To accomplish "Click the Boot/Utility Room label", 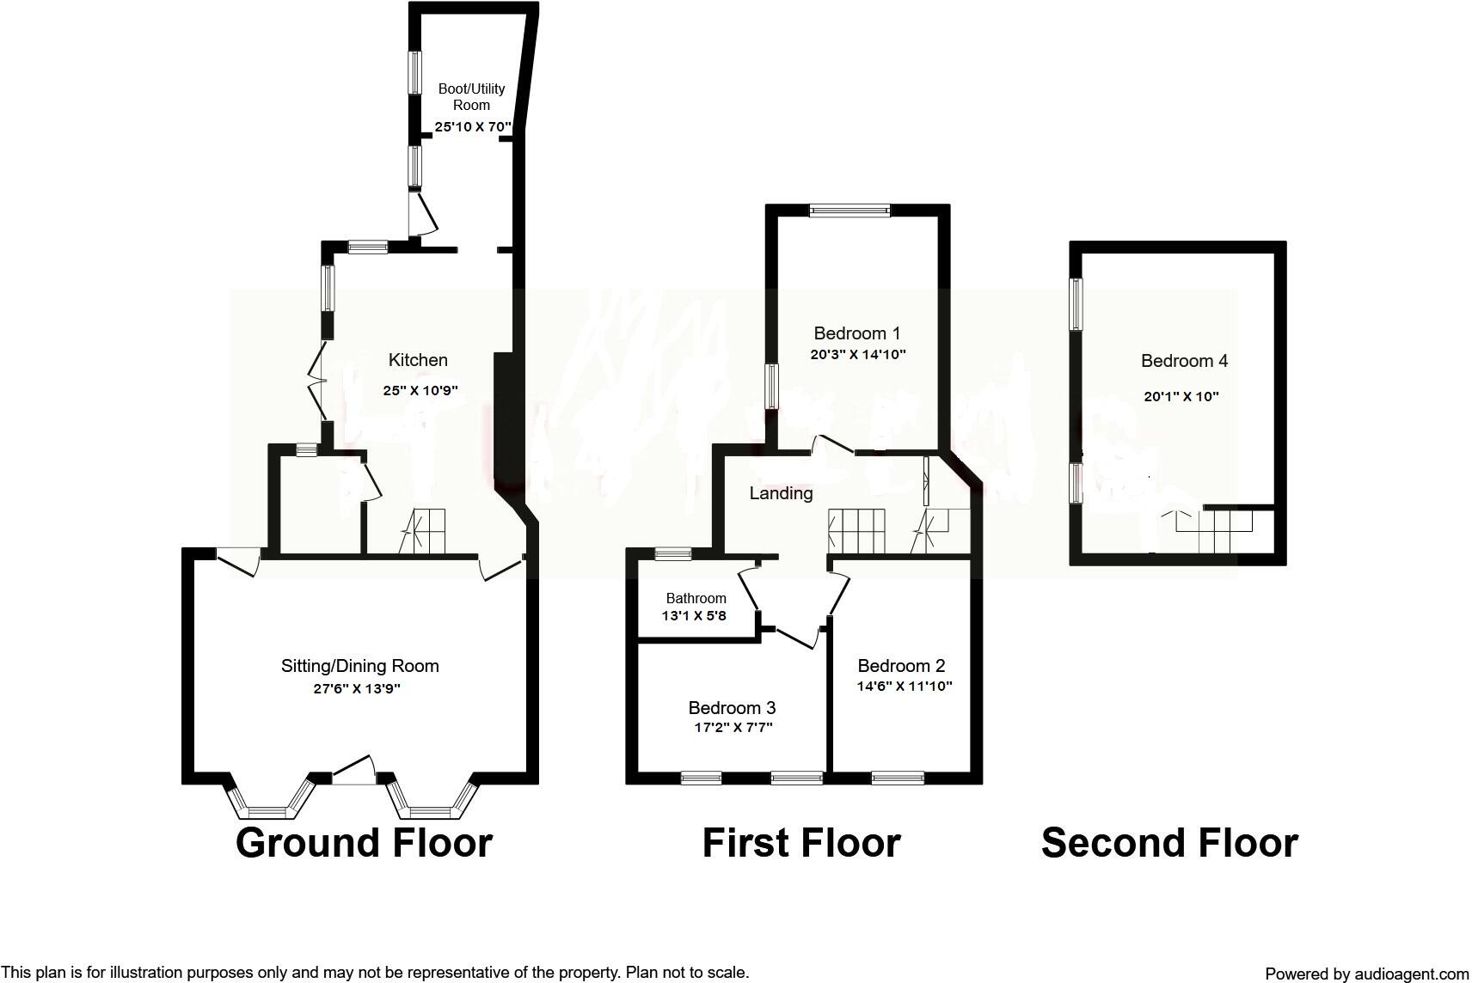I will tap(471, 96).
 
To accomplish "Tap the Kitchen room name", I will tap(418, 360).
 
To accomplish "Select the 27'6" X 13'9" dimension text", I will tap(358, 688).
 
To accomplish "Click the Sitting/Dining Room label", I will tap(359, 666).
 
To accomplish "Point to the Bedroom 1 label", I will tap(856, 333).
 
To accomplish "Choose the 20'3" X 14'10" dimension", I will tap(858, 354).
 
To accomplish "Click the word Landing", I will tap(781, 493).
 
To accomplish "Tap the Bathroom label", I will tap(696, 598).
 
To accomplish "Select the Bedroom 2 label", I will tap(901, 666).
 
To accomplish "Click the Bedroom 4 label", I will tap(1184, 361).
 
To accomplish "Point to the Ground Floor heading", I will tap(364, 843).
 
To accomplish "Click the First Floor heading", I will tap(800, 843).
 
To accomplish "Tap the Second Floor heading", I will tap(1169, 843).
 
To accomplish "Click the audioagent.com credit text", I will tap(1367, 974).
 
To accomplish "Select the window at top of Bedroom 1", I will tap(849, 210).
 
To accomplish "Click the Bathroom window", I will tap(672, 554).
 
